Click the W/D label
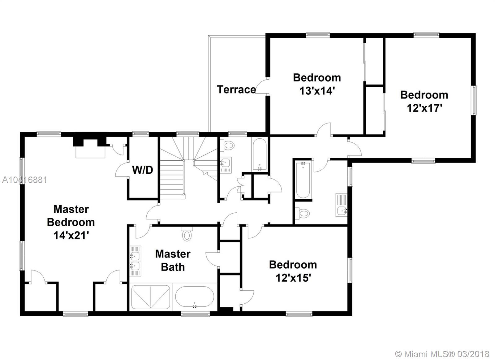(143, 170)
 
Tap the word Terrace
(236, 89)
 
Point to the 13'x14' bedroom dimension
(317, 91)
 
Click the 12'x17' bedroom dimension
(424, 108)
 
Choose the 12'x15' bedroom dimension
(293, 278)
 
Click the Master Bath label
(173, 261)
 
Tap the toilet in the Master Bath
(187, 234)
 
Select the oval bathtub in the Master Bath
(195, 297)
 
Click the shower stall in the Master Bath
(150, 297)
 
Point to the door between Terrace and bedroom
(262, 87)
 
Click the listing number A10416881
(24, 180)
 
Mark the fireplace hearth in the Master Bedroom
(90, 152)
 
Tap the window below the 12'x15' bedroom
(299, 314)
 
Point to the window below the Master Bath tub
(195, 314)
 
